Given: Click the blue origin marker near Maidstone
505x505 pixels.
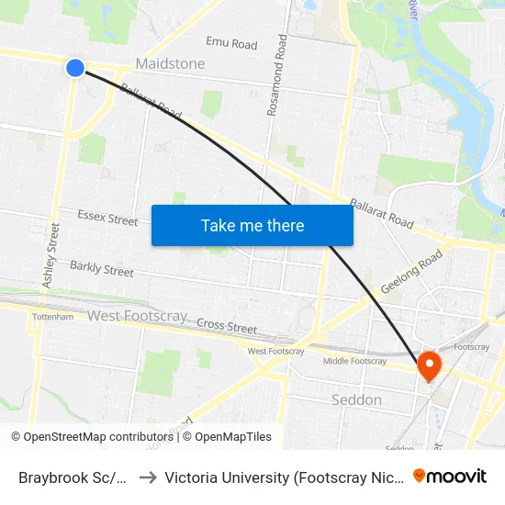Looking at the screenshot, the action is pyautogui.click(x=75, y=67).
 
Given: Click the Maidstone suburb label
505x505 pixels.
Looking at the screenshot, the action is pyautogui.click(x=170, y=64).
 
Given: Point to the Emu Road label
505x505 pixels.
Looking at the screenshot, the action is pyautogui.click(x=231, y=43).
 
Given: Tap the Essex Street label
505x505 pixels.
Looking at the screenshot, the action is pyautogui.click(x=107, y=219).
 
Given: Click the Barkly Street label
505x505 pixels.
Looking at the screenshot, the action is pyautogui.click(x=102, y=270).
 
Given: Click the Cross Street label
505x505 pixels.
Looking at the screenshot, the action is pyautogui.click(x=227, y=325).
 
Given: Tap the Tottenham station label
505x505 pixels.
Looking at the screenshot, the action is pyautogui.click(x=52, y=317).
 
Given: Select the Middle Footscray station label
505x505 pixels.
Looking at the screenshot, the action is pyautogui.click(x=354, y=361).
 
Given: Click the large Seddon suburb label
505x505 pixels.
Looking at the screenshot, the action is pyautogui.click(x=355, y=399).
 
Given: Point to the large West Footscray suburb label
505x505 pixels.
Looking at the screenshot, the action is pyautogui.click(x=137, y=316).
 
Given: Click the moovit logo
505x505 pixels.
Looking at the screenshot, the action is pyautogui.click(x=450, y=476).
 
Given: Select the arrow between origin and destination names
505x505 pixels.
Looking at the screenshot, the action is pyautogui.click(x=147, y=477).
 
